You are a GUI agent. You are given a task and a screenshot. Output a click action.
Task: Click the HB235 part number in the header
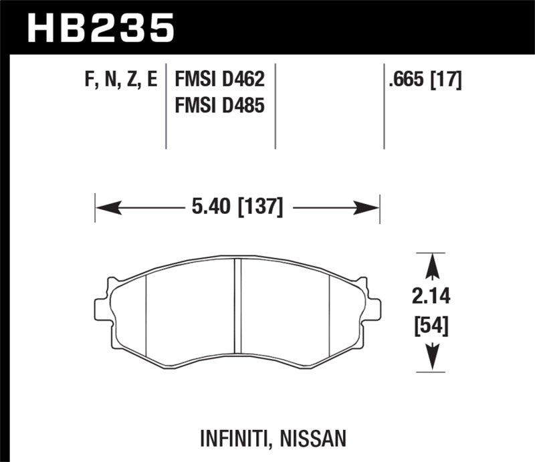[x=100, y=28]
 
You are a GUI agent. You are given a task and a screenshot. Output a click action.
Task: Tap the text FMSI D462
[x=220, y=81]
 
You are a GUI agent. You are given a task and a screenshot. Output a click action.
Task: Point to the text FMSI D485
[x=220, y=106]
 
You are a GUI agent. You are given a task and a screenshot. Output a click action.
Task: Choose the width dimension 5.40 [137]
[x=237, y=209]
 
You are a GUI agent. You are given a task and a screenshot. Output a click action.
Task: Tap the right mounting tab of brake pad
[x=372, y=307]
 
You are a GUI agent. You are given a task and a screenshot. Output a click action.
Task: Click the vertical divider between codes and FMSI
[x=166, y=107]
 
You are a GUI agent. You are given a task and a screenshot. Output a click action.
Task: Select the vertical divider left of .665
[x=384, y=107]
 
